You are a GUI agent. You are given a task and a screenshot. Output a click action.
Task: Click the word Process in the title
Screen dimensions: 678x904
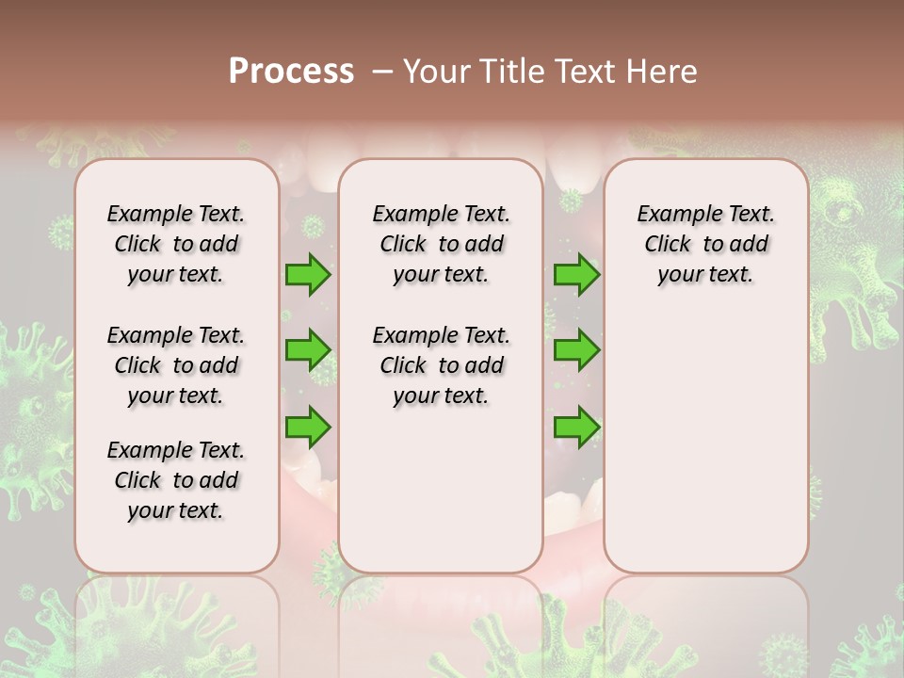pos(291,72)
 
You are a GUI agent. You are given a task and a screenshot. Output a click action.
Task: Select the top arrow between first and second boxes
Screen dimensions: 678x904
pos(308,275)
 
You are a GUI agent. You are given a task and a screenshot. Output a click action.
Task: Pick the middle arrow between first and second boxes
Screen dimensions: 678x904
pos(308,350)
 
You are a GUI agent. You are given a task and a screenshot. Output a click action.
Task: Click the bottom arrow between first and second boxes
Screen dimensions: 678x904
pos(308,427)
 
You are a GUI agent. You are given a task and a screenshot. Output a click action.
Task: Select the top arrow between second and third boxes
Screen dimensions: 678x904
pos(576,275)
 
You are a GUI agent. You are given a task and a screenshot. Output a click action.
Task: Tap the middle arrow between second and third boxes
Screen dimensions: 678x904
pos(576,350)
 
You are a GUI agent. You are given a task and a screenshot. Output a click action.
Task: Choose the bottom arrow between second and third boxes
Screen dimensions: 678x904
pos(576,427)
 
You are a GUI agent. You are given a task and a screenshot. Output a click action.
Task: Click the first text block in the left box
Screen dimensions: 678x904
pos(176,244)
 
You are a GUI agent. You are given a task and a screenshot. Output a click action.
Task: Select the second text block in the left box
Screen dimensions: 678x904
pos(176,365)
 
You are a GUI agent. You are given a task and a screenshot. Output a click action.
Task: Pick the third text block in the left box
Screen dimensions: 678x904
pos(176,480)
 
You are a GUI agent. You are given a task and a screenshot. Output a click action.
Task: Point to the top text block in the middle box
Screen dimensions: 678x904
pos(441,244)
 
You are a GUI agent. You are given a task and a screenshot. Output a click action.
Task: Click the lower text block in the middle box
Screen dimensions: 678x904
pos(441,365)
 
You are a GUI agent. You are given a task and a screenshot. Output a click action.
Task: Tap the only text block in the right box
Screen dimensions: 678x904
pos(705,244)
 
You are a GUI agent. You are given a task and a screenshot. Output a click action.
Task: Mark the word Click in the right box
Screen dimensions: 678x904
pos(668,245)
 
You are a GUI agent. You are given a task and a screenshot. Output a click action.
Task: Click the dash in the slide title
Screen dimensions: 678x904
pos(382,72)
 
